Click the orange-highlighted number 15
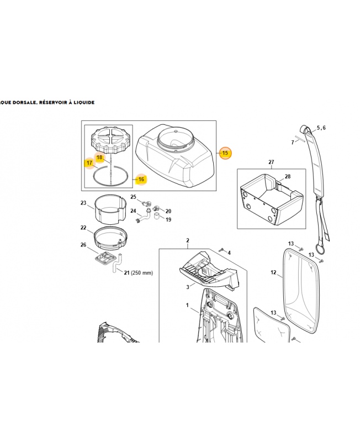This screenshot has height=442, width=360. (x=225, y=154)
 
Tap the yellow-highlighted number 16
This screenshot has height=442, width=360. (x=141, y=179)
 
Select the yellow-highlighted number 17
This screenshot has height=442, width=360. (x=88, y=163)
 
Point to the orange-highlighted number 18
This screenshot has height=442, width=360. (x=99, y=157)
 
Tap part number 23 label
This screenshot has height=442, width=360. (x=83, y=203)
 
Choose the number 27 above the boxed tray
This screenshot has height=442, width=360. (x=271, y=162)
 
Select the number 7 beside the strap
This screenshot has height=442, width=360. (x=293, y=143)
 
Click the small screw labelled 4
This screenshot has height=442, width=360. (x=221, y=251)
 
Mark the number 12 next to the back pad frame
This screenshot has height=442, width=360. (x=273, y=272)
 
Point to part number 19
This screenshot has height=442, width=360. (x=168, y=219)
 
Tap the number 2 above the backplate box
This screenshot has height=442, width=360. (x=188, y=240)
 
